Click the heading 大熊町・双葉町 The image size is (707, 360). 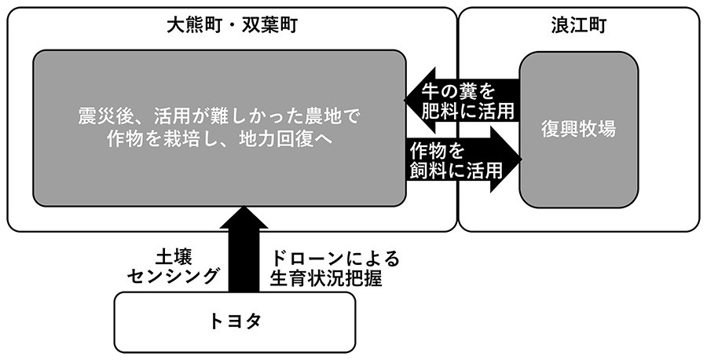(232, 26)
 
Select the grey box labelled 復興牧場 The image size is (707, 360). (578, 128)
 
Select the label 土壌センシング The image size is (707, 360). (178, 267)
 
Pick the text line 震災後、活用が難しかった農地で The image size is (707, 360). (218, 117)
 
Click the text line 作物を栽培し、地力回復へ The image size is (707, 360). (218, 139)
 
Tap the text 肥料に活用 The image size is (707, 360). (467, 111)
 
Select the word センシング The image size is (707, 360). (178, 277)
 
